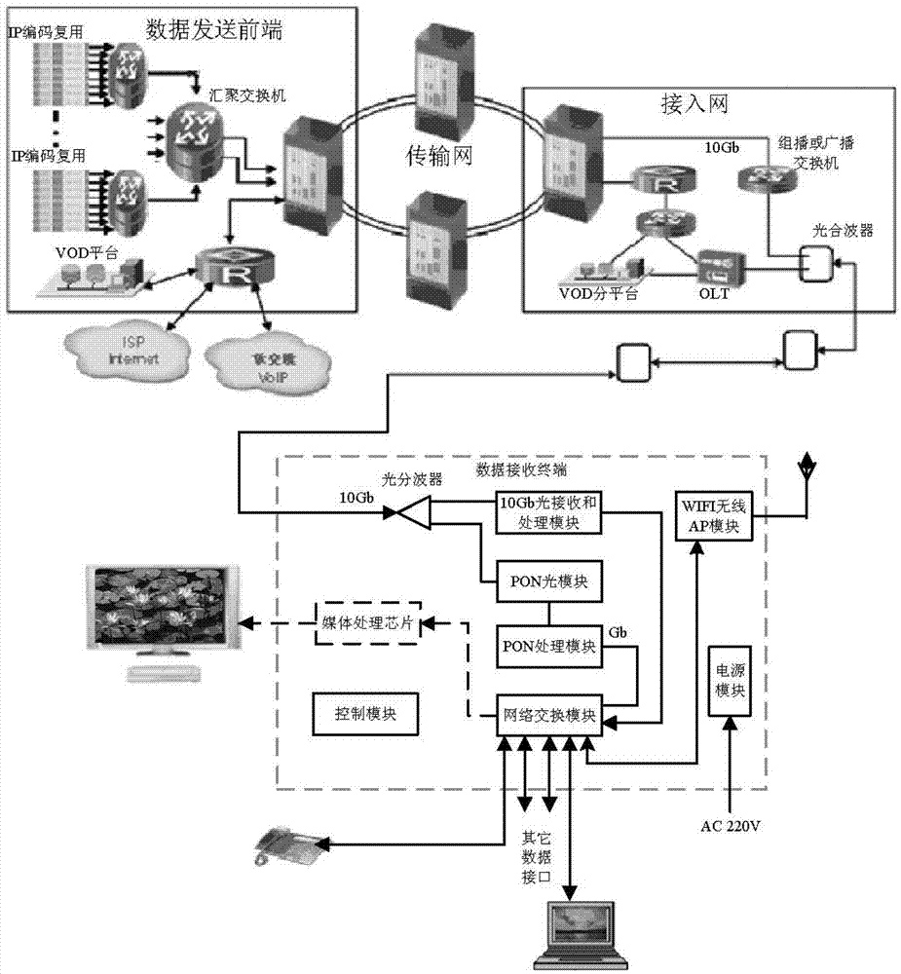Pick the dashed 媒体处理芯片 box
coord(367,624)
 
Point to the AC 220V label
coord(731,828)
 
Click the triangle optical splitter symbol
coord(413,510)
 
